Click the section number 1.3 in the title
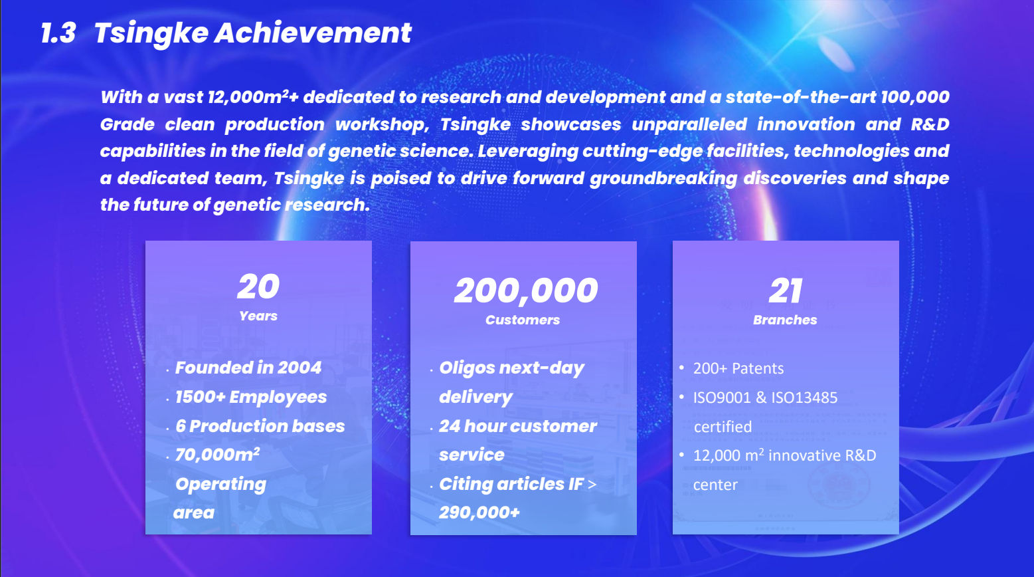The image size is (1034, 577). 58,33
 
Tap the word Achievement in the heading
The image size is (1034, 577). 313,33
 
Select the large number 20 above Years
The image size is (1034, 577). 258,287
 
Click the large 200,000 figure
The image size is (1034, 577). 526,292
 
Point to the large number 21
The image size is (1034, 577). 786,290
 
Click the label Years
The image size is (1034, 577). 258,316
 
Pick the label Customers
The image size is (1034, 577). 523,320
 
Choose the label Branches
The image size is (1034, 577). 785,320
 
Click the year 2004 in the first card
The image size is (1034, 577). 299,368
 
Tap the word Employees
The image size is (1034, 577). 278,398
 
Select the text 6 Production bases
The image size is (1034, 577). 260,426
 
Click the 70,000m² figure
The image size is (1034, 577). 217,455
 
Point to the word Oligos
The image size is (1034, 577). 466,368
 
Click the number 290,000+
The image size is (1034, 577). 479,513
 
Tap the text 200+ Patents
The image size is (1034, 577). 738,368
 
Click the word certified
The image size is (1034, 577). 723,426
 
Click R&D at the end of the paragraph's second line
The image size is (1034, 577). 930,124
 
